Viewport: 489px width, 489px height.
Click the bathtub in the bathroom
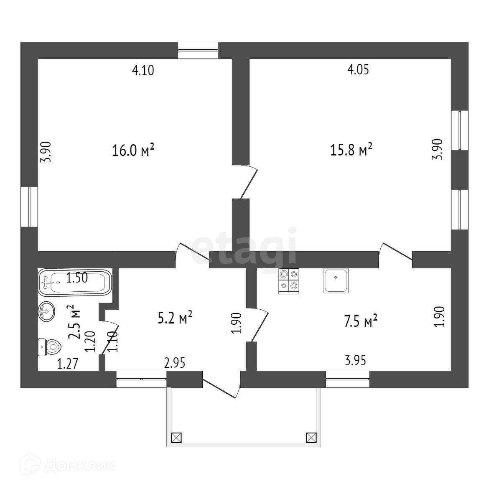pos(75,283)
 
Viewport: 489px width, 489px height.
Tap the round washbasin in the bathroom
pos(46,311)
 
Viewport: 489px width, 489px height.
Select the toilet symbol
pos(50,346)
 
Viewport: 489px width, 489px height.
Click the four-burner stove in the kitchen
pos(289,280)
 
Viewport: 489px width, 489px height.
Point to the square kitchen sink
pos(336,280)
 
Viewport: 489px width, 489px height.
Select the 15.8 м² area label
pos(351,150)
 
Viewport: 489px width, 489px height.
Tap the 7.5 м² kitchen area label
pos(361,321)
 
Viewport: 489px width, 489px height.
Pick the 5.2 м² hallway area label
pos(175,318)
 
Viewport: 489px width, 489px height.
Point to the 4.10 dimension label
pos(143,70)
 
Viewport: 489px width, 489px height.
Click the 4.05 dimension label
pos(358,69)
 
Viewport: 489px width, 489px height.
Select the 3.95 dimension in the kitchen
pos(356,360)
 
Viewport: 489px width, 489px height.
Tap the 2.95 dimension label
pos(175,363)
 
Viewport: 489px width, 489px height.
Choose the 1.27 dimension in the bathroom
pos(68,364)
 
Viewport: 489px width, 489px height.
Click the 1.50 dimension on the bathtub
pos(77,278)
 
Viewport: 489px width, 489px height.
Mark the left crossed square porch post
pos(176,438)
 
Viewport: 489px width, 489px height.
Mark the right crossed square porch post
pos(311,438)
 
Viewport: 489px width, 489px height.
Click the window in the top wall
pos(198,50)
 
